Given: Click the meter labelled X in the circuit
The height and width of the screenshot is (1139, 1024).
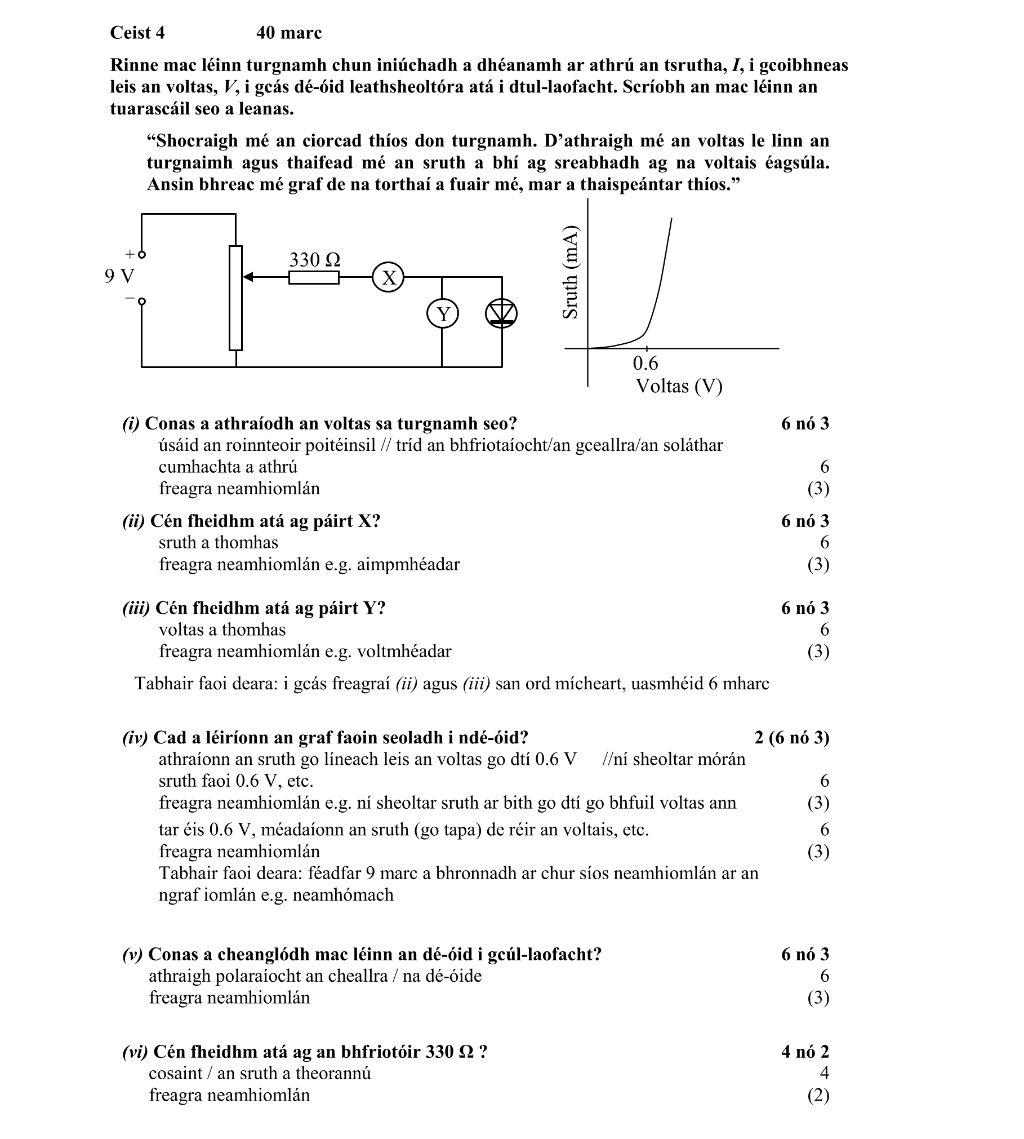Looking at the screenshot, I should pyautogui.click(x=388, y=277).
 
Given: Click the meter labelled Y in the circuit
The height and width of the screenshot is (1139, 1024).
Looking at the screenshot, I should pyautogui.click(x=443, y=314).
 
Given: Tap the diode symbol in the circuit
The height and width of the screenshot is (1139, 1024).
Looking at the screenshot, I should pyautogui.click(x=501, y=314).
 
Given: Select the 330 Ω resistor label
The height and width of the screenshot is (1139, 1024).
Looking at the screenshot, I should pyautogui.click(x=314, y=260).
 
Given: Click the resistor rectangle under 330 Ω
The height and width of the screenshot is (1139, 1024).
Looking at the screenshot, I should pyautogui.click(x=314, y=278).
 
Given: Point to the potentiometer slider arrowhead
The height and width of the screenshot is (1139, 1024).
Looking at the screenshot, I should pyautogui.click(x=248, y=277).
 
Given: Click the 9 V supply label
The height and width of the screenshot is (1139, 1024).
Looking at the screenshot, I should pyautogui.click(x=119, y=276).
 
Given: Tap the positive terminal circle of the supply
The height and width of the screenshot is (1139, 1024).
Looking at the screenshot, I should pyautogui.click(x=142, y=254).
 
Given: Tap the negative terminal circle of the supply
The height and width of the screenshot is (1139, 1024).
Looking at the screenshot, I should pyautogui.click(x=142, y=302).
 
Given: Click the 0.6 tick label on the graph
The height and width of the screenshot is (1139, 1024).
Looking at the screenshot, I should pyautogui.click(x=645, y=363).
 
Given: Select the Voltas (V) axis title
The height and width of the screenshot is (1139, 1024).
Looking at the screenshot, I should pyautogui.click(x=679, y=387).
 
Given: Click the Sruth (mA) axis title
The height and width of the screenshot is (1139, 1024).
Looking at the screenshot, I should pyautogui.click(x=571, y=272).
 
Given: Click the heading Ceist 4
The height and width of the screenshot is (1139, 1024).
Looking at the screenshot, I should pyautogui.click(x=137, y=33).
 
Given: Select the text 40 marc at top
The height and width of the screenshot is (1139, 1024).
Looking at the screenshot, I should pyautogui.click(x=289, y=33).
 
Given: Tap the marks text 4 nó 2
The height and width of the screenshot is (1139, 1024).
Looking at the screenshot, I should pyautogui.click(x=805, y=1052).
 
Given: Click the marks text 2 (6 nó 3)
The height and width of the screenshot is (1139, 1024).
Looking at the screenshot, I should pyautogui.click(x=791, y=738).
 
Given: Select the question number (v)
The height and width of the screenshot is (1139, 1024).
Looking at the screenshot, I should pyautogui.click(x=132, y=954).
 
